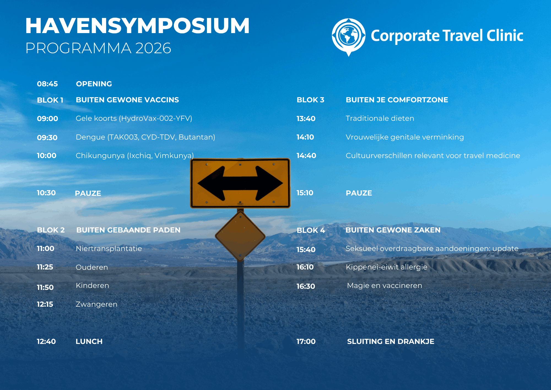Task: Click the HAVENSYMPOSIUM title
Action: tap(137, 26)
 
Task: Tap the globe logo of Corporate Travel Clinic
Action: tap(349, 37)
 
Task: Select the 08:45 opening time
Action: tap(47, 84)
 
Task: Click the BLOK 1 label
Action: tap(50, 100)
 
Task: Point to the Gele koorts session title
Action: tap(134, 118)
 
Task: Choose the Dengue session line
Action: tap(145, 137)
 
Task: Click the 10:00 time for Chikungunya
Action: tap(47, 156)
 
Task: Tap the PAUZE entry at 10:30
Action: tap(88, 193)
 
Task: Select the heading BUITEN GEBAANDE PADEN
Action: tap(128, 230)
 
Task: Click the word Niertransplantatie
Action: tap(109, 249)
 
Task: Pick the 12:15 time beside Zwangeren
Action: tap(45, 304)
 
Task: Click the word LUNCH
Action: tap(89, 341)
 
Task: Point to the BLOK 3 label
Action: tap(310, 100)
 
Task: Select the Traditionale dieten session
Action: tap(380, 118)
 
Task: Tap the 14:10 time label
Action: tap(305, 137)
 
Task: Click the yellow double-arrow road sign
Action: tap(240, 183)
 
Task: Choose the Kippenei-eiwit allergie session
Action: tap(387, 267)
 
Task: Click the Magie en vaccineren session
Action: tap(385, 285)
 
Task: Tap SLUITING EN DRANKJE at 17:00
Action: tap(391, 341)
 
